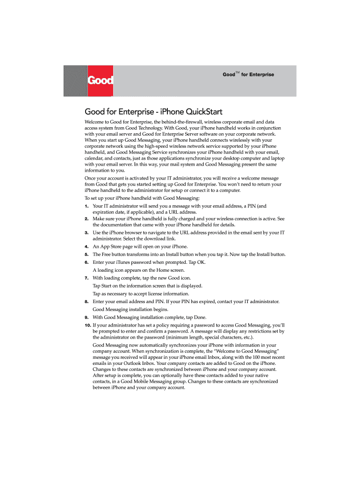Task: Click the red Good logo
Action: pyautogui.click(x=100, y=80)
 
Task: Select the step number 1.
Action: pyautogui.click(x=86, y=206)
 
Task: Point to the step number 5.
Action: pyautogui.click(x=86, y=254)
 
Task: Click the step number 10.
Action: pyautogui.click(x=87, y=325)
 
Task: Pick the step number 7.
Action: pyautogui.click(x=86, y=278)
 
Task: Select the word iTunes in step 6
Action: pyautogui.click(x=120, y=262)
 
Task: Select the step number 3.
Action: pyautogui.click(x=86, y=232)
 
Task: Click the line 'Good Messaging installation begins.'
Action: pyautogui.click(x=130, y=309)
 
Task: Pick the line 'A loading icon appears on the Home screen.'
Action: pyautogui.click(x=138, y=270)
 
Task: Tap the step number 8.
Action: pyautogui.click(x=86, y=301)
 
